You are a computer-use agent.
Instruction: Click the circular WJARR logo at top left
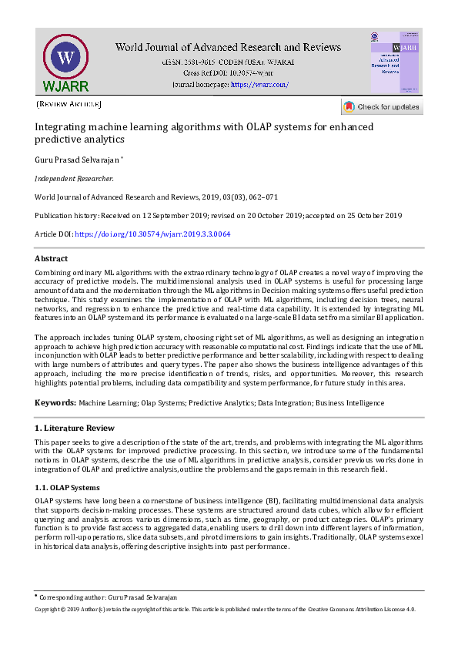tap(66, 61)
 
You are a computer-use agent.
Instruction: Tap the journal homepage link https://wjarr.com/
tap(259, 85)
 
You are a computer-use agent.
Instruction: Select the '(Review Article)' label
tap(69, 103)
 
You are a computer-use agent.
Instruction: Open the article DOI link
tap(152, 234)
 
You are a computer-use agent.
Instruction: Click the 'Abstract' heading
tap(51, 259)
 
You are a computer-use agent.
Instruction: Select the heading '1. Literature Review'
tap(75, 428)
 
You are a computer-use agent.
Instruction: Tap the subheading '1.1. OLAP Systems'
tap(67, 488)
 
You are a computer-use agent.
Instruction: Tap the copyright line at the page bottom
tap(225, 609)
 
